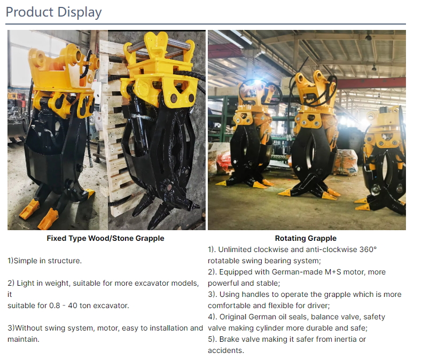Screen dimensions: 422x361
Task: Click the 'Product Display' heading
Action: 53,12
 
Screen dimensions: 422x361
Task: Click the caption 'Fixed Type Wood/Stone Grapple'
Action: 105,238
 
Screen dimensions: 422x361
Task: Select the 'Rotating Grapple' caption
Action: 306,238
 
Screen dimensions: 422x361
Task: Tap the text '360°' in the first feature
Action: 368,249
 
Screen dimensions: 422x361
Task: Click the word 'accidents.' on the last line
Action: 226,350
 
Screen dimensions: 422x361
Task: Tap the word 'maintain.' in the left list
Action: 24,339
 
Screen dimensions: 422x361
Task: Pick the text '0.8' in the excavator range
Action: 54,305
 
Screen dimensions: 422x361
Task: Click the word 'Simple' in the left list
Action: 25,261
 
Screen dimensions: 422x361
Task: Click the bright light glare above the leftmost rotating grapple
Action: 257,82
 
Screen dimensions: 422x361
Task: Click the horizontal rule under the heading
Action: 206,24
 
